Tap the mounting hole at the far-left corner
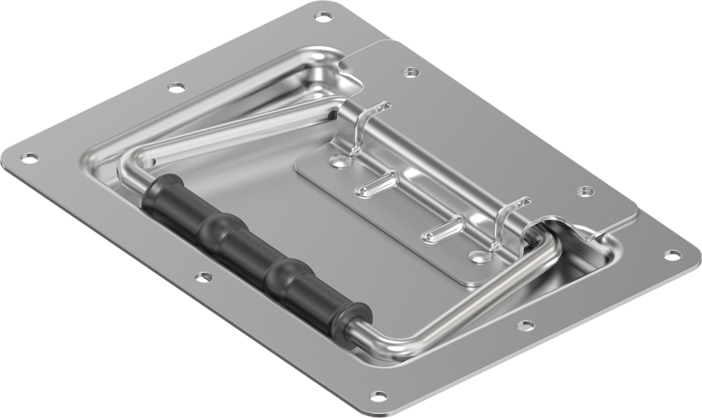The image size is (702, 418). [x=28, y=159]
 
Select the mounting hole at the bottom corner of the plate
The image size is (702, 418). [x=379, y=396]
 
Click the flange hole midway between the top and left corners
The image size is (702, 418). [x=177, y=87]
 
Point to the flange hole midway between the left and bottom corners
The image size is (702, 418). [x=204, y=278]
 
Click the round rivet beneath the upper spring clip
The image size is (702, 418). [x=335, y=161]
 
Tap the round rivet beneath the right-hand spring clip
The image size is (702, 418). [x=479, y=257]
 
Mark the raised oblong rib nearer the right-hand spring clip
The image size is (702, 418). [x=441, y=230]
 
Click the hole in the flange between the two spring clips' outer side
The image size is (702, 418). [x=584, y=191]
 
